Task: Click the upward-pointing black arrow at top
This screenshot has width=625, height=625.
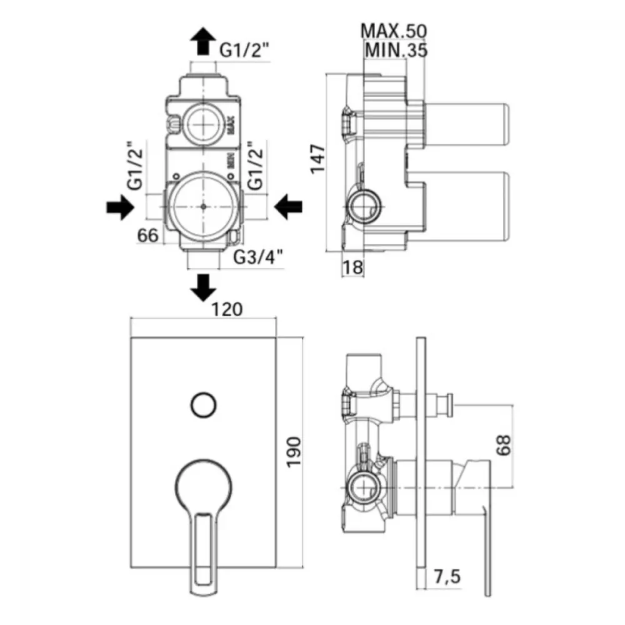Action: click(x=203, y=41)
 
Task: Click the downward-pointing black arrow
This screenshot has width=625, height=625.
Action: click(x=203, y=287)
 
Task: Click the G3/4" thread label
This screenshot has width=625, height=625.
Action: click(x=258, y=257)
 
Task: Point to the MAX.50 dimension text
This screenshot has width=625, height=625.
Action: click(x=393, y=31)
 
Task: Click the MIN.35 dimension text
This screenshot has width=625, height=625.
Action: click(x=396, y=50)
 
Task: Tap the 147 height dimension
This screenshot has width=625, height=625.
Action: click(x=317, y=159)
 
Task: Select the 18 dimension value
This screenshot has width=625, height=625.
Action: click(x=352, y=267)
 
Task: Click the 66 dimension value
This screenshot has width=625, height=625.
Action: click(x=148, y=235)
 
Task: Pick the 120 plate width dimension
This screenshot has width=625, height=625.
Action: click(x=226, y=309)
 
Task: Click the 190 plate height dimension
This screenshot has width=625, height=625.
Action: click(x=294, y=452)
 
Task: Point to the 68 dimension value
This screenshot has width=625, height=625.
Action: click(x=503, y=445)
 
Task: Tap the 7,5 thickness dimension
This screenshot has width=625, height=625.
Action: click(x=447, y=576)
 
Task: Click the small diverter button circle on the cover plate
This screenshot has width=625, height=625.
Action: click(x=203, y=405)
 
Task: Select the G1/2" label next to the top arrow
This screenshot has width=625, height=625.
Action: click(x=244, y=50)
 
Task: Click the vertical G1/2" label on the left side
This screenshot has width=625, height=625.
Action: click(x=135, y=165)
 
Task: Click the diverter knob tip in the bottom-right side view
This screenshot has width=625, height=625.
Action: click(x=449, y=404)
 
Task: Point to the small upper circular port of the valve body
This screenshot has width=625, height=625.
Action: click(x=203, y=124)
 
